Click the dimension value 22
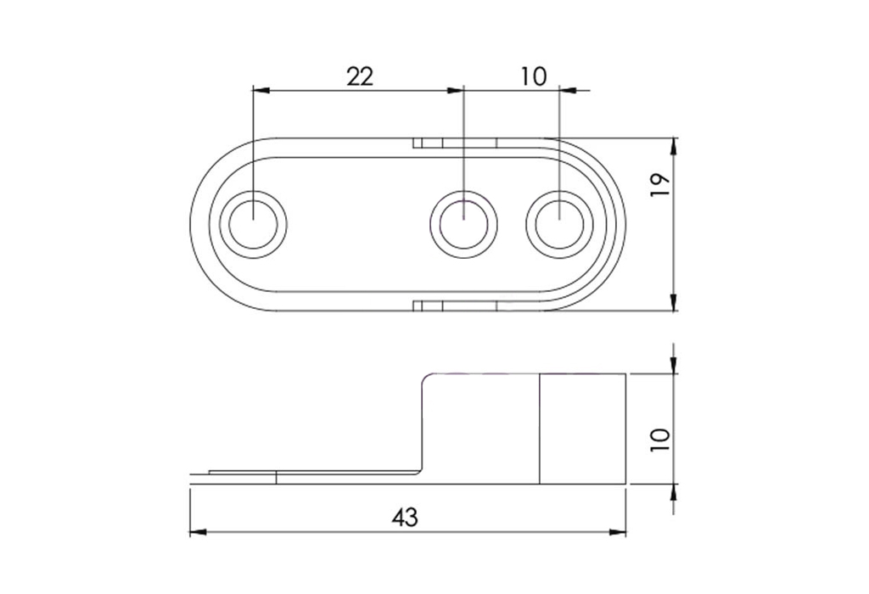[x=360, y=76]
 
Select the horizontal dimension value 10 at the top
[x=534, y=76]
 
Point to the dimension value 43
[x=405, y=518]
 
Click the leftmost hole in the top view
[x=253, y=224]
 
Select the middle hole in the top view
[x=463, y=224]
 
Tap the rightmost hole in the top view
[x=559, y=224]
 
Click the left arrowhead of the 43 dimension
[x=198, y=533]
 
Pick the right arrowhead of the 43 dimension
[x=618, y=533]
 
